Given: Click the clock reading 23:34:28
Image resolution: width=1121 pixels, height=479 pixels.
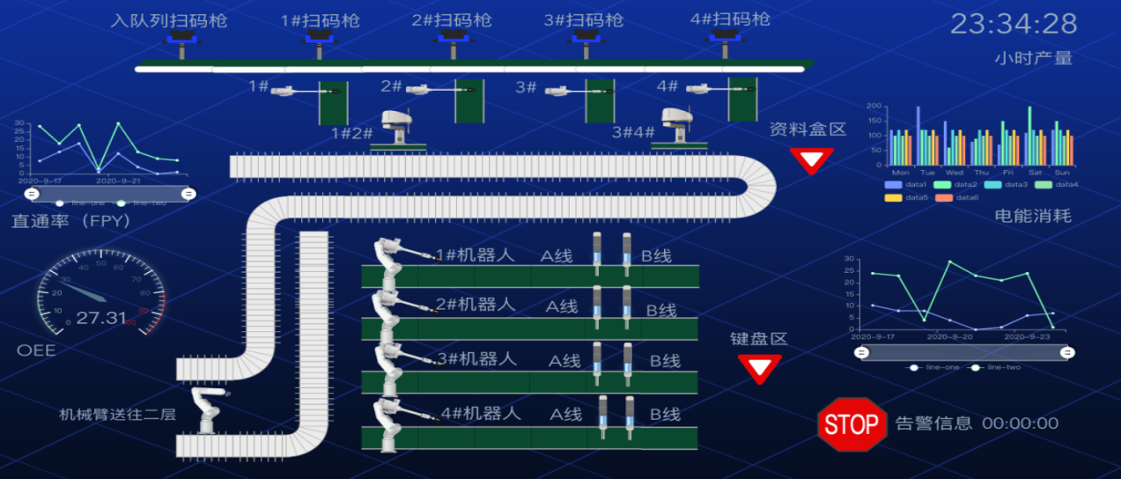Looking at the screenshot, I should (1014, 24).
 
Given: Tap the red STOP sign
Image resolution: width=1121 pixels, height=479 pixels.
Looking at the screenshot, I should (852, 424).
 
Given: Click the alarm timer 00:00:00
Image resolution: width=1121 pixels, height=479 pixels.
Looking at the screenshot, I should (1020, 424).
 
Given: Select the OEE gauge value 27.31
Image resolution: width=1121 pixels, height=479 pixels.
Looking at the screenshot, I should (101, 318).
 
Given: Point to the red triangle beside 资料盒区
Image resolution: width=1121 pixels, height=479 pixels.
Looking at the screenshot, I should (811, 159).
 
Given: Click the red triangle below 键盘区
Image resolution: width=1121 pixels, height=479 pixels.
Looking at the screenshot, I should (759, 367).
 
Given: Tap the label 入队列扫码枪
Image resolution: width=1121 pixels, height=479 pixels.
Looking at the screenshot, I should (169, 20).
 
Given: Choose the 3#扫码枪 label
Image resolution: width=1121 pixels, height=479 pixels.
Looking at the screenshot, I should (582, 20).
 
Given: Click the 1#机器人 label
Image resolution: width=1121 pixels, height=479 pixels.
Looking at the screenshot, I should (476, 255).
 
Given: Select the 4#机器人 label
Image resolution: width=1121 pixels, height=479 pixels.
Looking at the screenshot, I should (481, 412).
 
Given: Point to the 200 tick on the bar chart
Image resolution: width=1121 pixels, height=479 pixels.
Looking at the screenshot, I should (874, 106).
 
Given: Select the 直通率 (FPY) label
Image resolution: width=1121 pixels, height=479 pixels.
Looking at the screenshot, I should (71, 222).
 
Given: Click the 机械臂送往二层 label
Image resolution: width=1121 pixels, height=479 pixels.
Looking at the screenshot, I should (117, 415).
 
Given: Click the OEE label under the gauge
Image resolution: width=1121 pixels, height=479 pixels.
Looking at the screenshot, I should (36, 350).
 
